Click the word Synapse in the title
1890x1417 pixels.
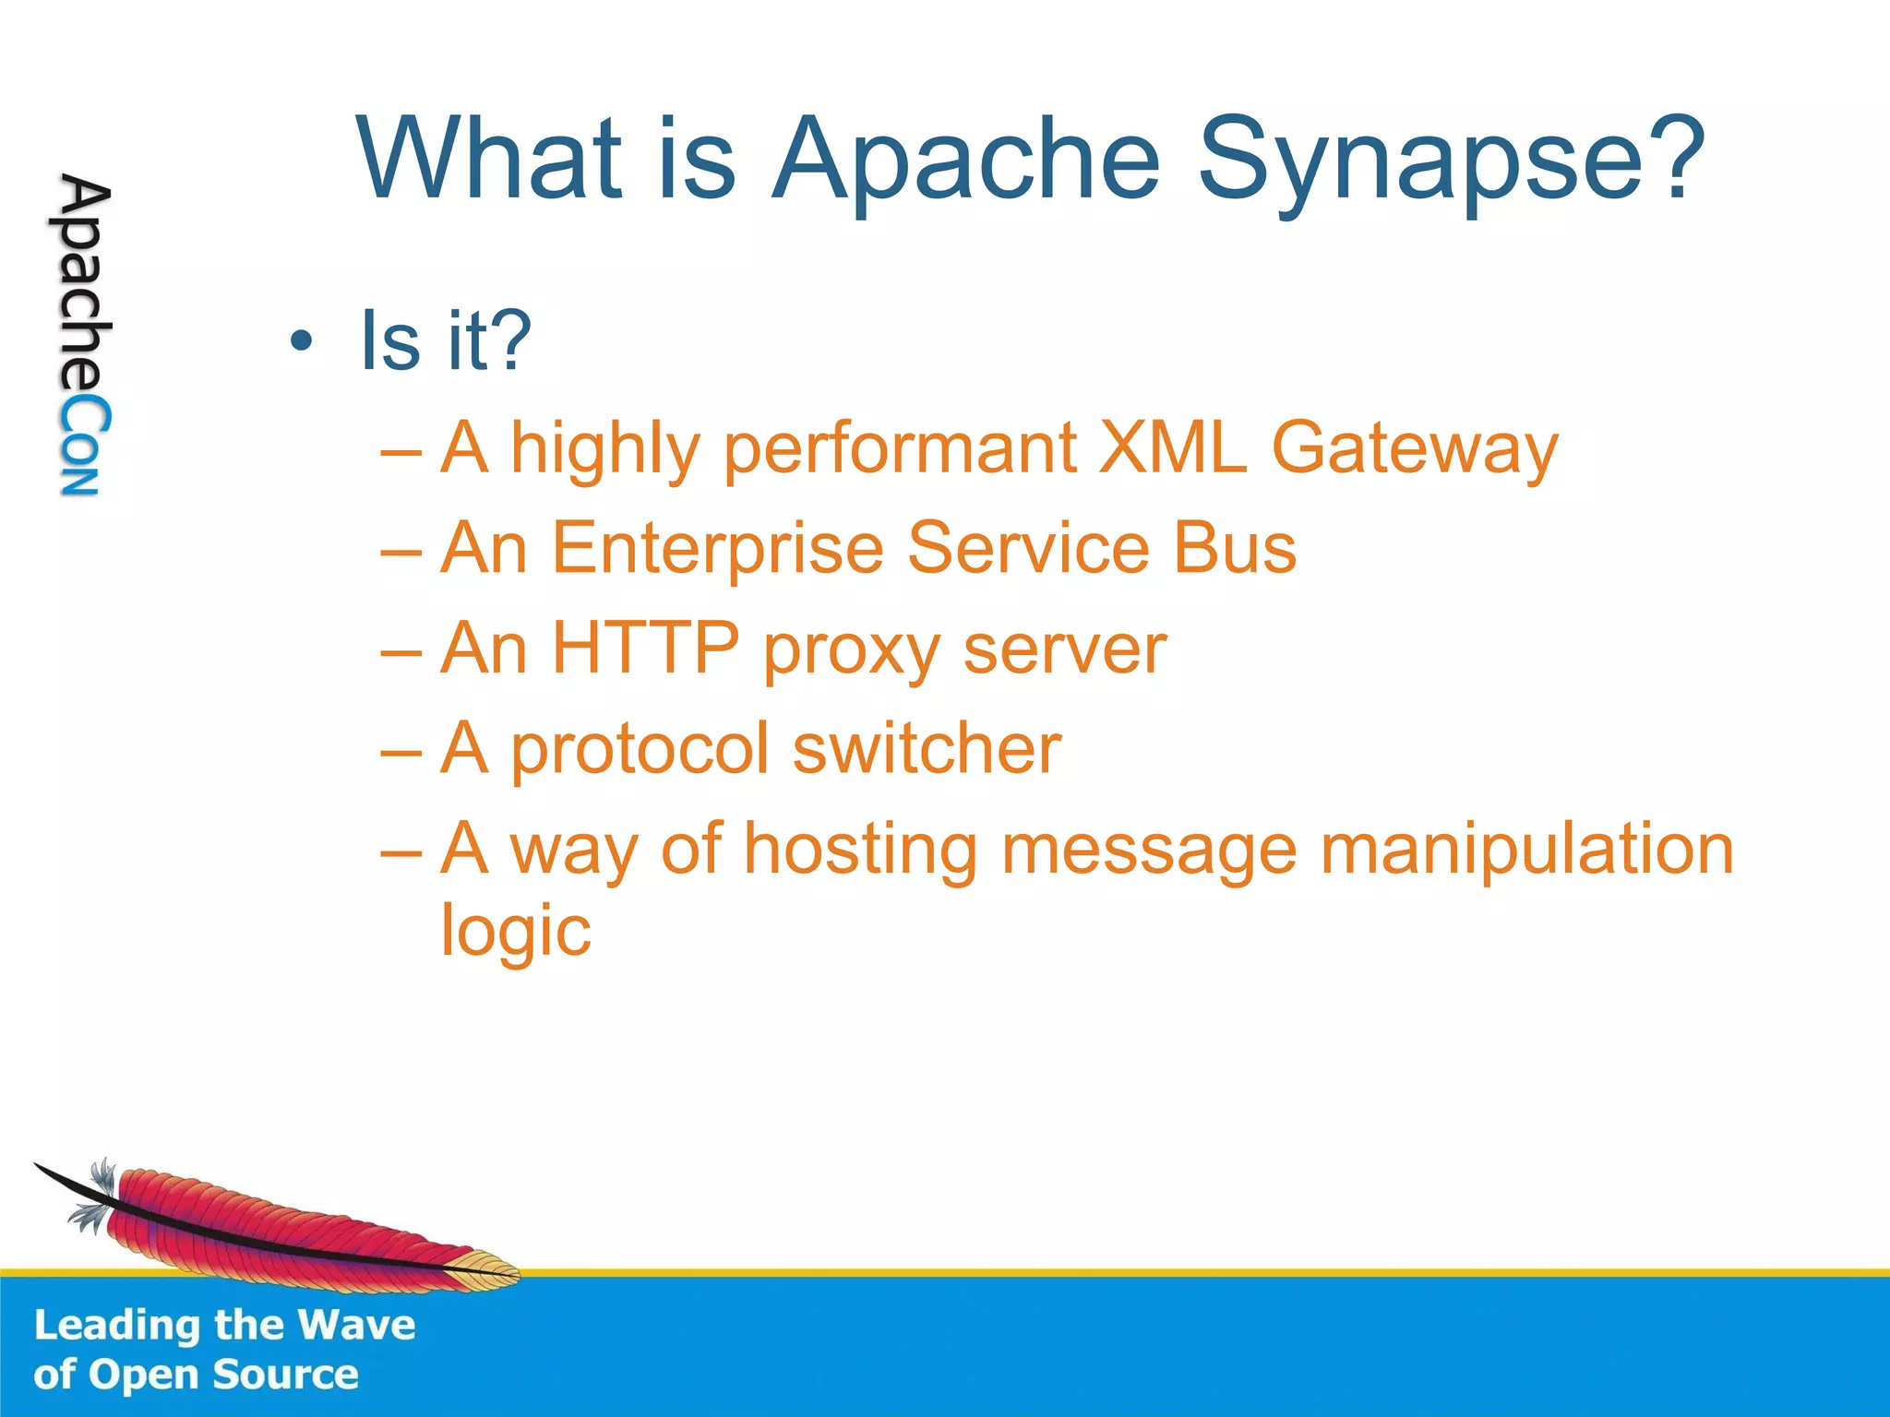point(1449,159)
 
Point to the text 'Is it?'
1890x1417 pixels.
point(446,341)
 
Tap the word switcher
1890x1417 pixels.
point(927,748)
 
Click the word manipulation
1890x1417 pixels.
point(1526,851)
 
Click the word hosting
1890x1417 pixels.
point(860,851)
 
